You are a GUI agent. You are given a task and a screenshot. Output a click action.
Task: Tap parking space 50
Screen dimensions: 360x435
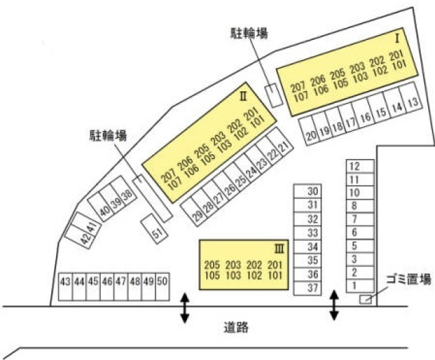pos(162,282)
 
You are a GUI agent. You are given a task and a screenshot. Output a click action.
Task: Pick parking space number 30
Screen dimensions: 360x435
pos(313,192)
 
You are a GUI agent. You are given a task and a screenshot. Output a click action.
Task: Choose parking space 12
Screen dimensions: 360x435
pos(354,166)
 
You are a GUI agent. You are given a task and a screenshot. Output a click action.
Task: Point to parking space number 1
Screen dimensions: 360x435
pos(354,285)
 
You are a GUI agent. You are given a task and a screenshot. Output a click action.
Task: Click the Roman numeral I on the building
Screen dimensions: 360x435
pos(396,36)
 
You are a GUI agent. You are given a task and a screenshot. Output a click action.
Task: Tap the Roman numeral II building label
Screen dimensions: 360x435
pos(243,97)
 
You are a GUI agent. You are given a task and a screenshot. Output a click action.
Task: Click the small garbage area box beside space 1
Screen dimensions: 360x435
pos(366,298)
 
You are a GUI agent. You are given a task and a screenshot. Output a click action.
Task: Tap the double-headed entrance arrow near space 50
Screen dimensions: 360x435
pos(184,308)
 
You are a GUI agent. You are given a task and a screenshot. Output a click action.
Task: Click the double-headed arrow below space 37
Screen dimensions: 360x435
pos(334,305)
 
